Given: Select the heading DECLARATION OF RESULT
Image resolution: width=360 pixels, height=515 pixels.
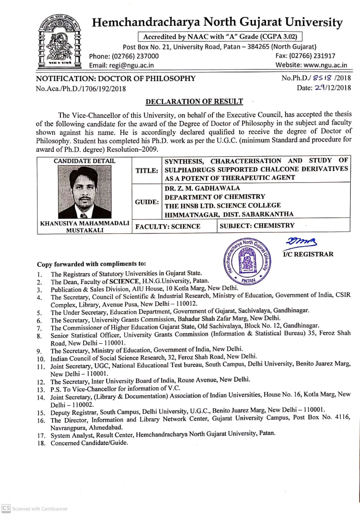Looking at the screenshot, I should click(194, 102).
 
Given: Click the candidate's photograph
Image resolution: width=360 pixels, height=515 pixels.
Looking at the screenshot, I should click(84, 192).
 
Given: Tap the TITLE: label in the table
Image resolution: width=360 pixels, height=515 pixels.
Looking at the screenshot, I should click(146, 171).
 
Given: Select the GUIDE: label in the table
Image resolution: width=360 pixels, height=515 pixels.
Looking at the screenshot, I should click(147, 202).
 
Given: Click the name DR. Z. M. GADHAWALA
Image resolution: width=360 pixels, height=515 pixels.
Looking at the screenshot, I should click(202, 188).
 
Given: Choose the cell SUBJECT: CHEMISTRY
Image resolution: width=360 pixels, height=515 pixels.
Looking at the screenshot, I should click(257, 226).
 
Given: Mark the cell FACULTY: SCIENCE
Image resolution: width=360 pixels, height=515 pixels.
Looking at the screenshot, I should click(168, 227).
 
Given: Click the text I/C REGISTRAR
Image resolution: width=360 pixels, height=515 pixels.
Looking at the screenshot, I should click(309, 254).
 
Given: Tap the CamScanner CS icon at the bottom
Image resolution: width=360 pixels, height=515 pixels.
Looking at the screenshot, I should click(6, 509).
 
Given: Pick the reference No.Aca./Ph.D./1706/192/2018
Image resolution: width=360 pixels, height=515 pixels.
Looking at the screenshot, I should click(81, 89).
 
